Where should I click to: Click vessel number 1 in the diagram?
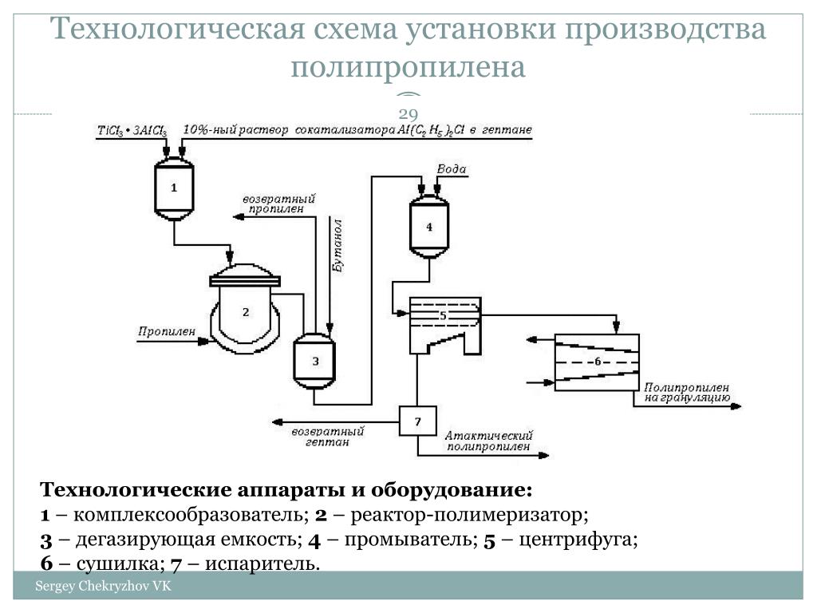174,188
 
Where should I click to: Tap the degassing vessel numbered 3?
315,361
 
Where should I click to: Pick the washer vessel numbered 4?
428,227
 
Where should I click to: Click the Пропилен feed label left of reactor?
167,330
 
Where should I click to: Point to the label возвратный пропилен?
278,203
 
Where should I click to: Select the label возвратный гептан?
328,436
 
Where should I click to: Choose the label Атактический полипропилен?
489,441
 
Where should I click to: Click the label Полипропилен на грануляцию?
686,391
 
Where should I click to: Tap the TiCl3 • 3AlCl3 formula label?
132,130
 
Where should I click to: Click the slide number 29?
408,112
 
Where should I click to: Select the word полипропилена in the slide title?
408,67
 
